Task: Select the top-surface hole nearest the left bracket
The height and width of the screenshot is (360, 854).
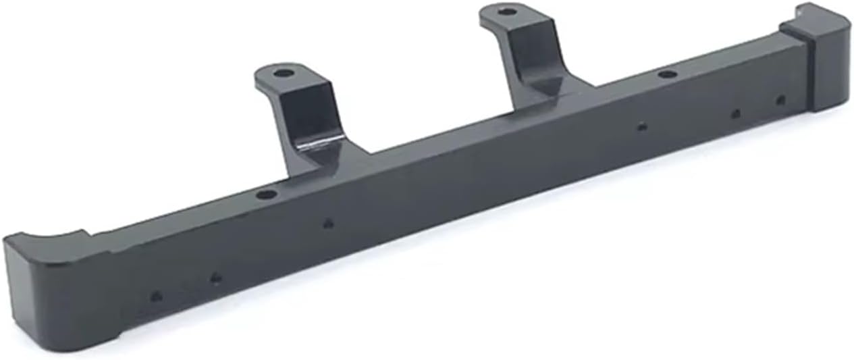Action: pos(267,195)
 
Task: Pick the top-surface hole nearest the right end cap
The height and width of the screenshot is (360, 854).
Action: pos(667,74)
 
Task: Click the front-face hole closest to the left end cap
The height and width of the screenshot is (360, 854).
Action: pos(156,296)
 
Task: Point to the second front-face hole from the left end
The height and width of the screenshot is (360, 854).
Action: pos(215,277)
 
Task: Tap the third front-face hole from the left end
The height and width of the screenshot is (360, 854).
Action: pos(328,223)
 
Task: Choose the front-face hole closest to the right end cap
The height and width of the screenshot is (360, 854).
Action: pos(780,100)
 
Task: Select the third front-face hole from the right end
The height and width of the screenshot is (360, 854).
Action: pos(642,126)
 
